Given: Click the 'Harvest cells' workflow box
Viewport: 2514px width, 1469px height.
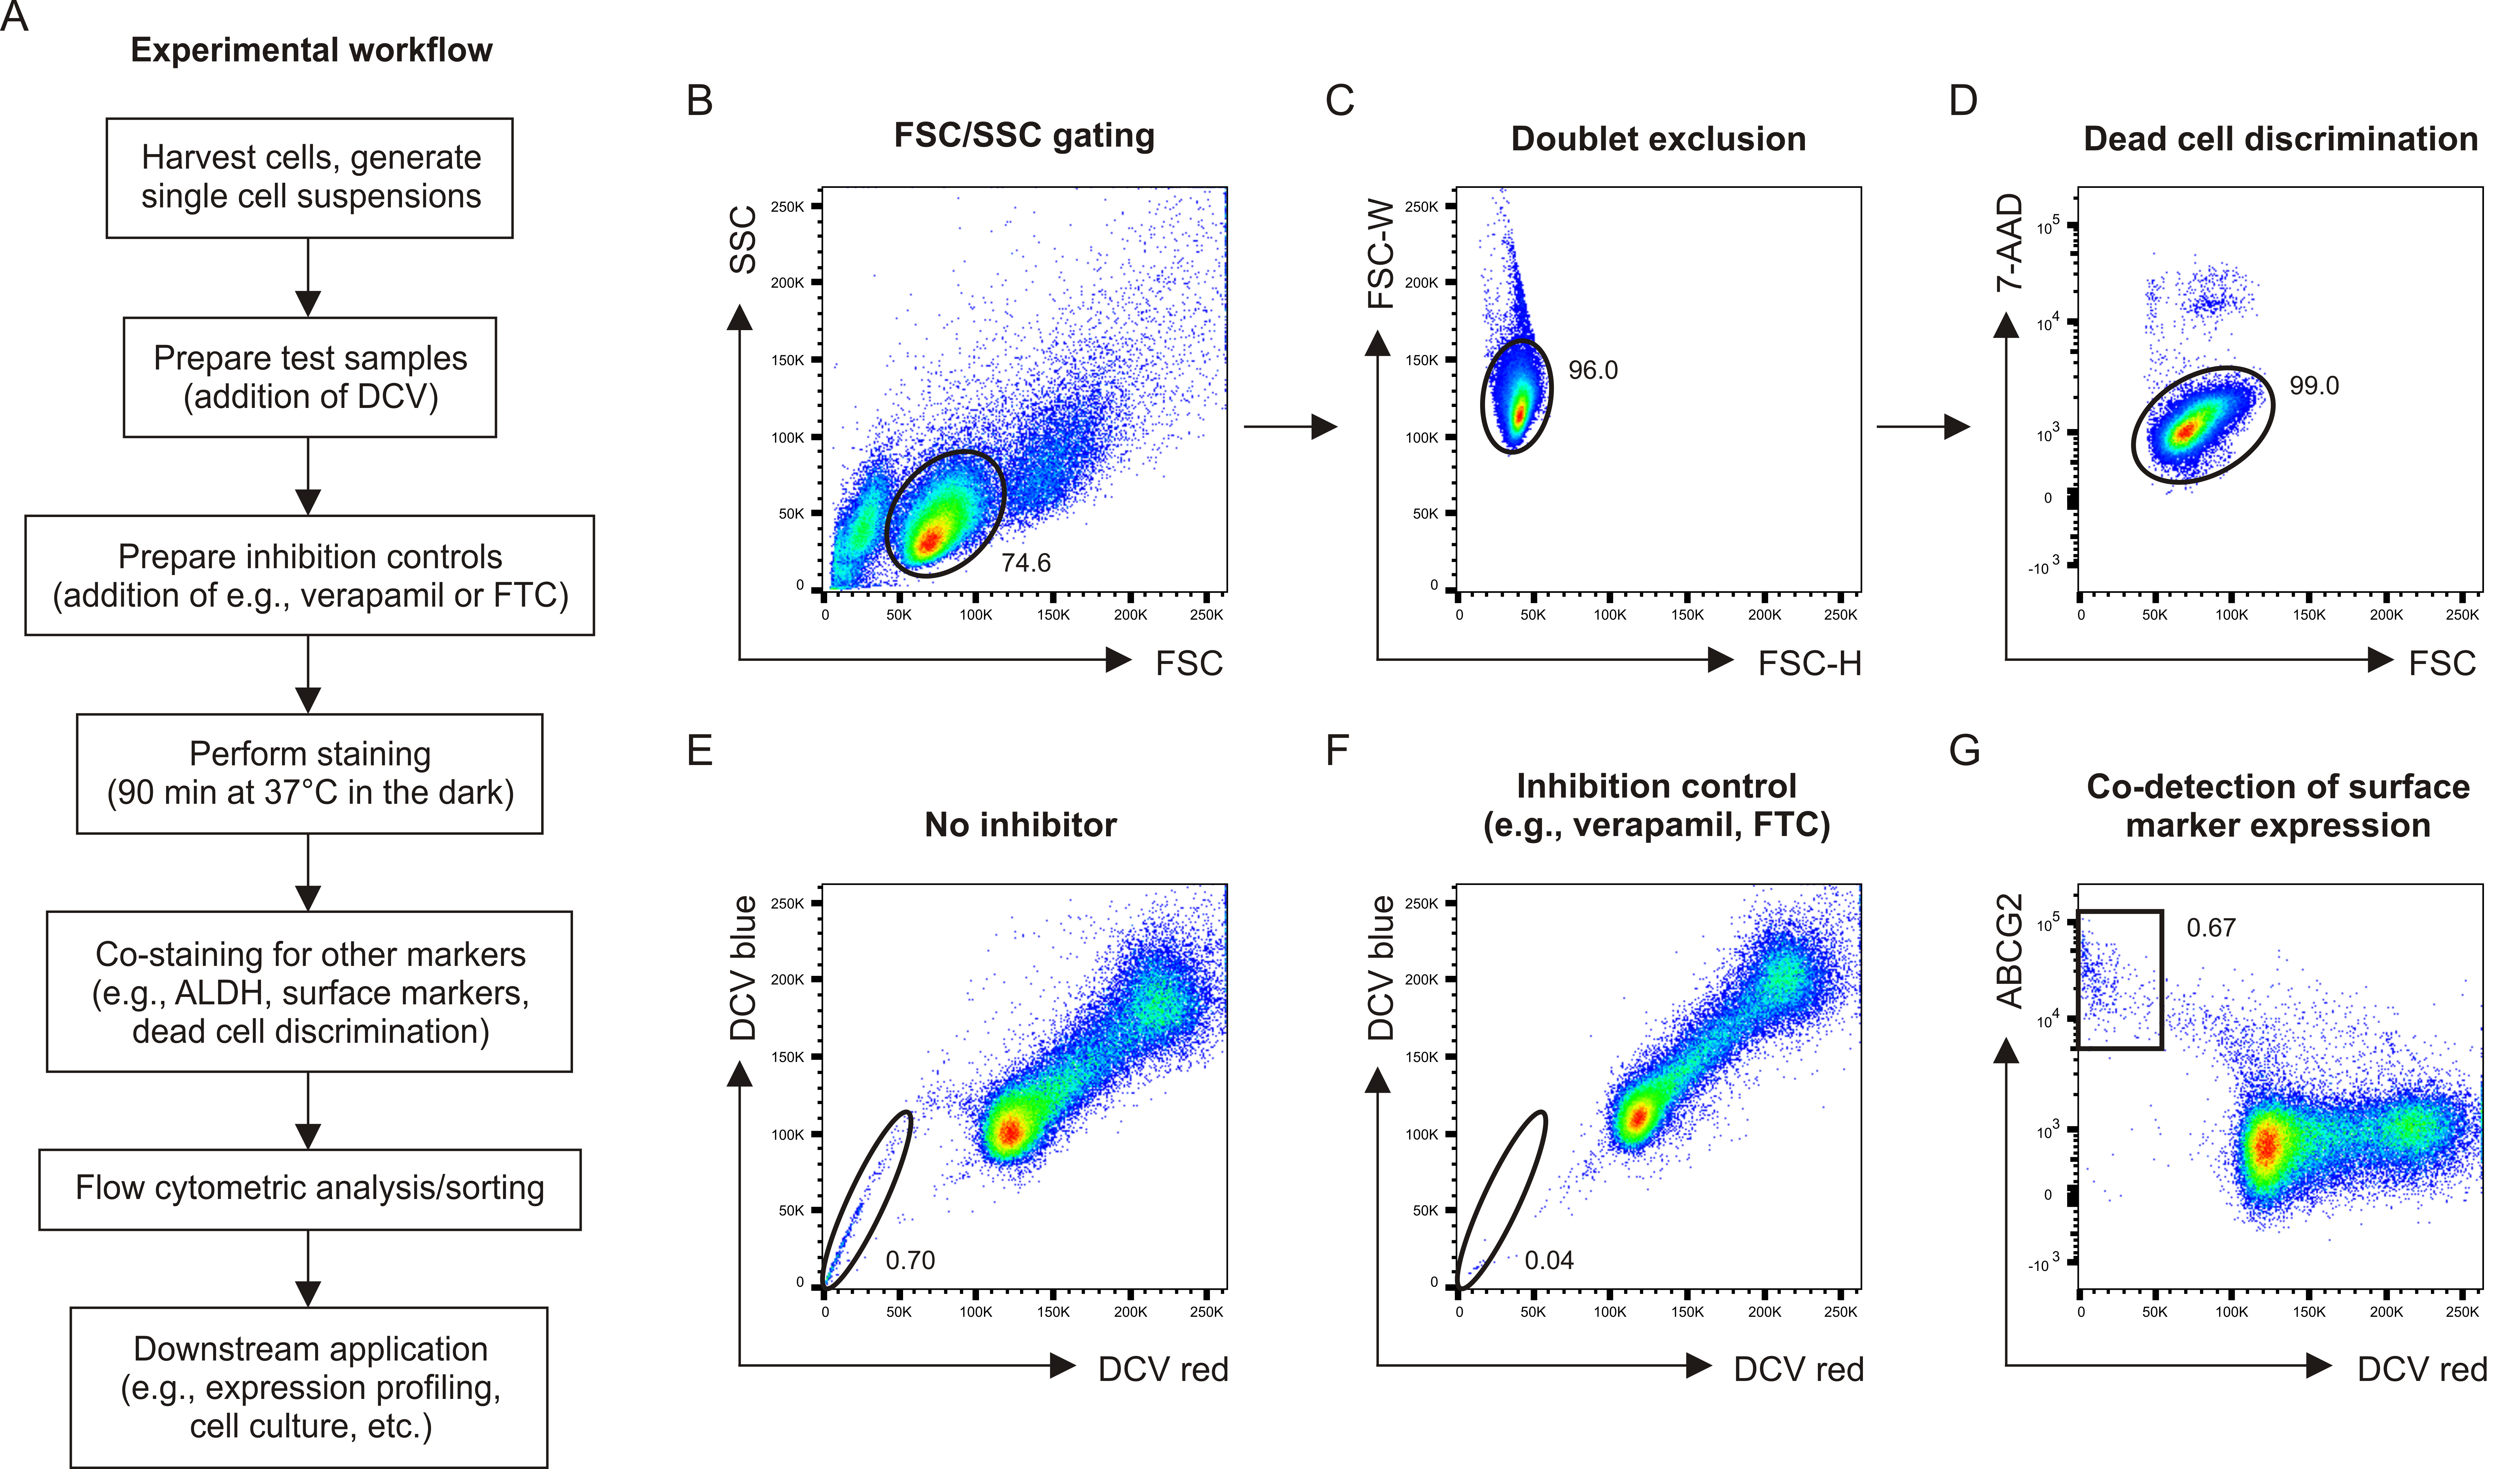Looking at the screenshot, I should pos(309,178).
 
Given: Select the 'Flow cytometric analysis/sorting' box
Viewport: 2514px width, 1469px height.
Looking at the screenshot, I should pos(309,1188).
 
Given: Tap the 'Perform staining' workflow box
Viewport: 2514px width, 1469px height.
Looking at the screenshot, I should pos(309,773).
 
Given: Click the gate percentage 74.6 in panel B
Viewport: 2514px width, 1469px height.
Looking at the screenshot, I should pos(1025,563).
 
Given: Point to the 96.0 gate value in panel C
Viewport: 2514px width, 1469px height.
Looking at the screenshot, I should pos(1592,370).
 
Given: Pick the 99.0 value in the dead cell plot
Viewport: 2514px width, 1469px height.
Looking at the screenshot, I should pos(2313,385).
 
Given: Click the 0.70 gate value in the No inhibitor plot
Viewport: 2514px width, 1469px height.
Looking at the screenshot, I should pos(910,1260).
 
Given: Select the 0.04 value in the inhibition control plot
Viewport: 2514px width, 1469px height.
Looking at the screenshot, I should pos(1548,1260).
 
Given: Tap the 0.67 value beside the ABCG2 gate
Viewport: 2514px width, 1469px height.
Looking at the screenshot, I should pos(2211,928).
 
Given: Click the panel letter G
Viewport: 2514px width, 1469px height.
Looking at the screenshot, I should pos(1963,750).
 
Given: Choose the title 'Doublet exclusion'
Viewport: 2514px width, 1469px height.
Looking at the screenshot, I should pos(1658,139).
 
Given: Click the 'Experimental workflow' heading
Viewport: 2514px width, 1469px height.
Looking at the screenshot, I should pos(311,50).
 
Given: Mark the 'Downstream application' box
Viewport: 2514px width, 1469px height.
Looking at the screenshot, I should pos(309,1387).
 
